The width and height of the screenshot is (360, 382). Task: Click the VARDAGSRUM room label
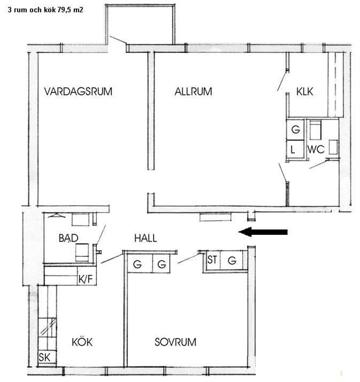tap(78, 91)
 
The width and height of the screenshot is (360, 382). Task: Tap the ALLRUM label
tap(193, 91)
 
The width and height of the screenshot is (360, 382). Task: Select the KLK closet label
tap(305, 91)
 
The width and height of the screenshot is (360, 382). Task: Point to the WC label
tap(316, 149)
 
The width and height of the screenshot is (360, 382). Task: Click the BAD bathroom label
tap(68, 238)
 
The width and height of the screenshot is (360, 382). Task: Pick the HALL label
tap(146, 238)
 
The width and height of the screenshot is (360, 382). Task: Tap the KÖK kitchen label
tap(82, 342)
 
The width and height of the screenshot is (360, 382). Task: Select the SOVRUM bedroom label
tap(175, 342)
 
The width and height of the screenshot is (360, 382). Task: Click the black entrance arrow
tap(263, 232)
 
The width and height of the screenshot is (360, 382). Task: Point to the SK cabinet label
tap(44, 357)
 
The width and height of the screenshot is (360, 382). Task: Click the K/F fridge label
tap(86, 279)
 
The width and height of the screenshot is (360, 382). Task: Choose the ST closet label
tap(212, 260)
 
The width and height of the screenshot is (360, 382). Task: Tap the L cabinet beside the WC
tap(295, 149)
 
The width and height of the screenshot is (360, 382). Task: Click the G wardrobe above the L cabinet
tap(295, 129)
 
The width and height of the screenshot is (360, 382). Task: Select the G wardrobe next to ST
tap(232, 260)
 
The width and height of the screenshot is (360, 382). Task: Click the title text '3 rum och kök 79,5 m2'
tap(45, 10)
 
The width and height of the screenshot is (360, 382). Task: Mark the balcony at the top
tap(140, 24)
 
